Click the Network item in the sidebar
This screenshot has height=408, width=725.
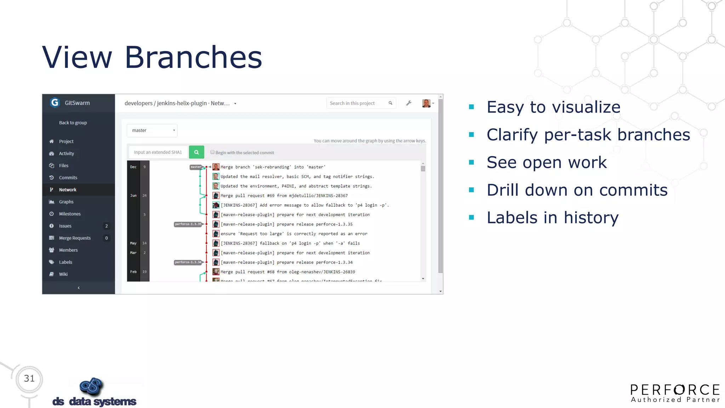click(68, 190)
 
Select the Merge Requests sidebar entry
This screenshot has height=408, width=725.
click(75, 238)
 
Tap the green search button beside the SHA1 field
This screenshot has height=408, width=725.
click(196, 152)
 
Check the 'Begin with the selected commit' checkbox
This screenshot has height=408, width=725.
click(212, 152)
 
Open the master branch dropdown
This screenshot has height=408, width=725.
click(152, 130)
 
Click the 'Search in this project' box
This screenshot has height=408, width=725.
click(358, 103)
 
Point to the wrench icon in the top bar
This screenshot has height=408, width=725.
click(409, 103)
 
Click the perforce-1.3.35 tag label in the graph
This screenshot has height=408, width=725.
click(188, 224)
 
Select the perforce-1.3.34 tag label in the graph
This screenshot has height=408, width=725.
click(188, 262)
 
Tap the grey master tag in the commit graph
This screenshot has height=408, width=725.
click(196, 167)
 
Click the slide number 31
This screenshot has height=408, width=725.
click(29, 379)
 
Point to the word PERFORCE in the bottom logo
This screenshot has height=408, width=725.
click(675, 390)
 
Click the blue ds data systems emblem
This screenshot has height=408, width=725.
click(91, 386)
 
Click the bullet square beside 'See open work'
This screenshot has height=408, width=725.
click(471, 162)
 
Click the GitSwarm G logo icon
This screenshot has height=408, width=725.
click(55, 103)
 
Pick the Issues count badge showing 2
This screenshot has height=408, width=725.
click(106, 226)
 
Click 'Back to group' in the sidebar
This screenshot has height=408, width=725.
click(73, 123)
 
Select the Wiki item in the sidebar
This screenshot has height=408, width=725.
click(63, 274)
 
